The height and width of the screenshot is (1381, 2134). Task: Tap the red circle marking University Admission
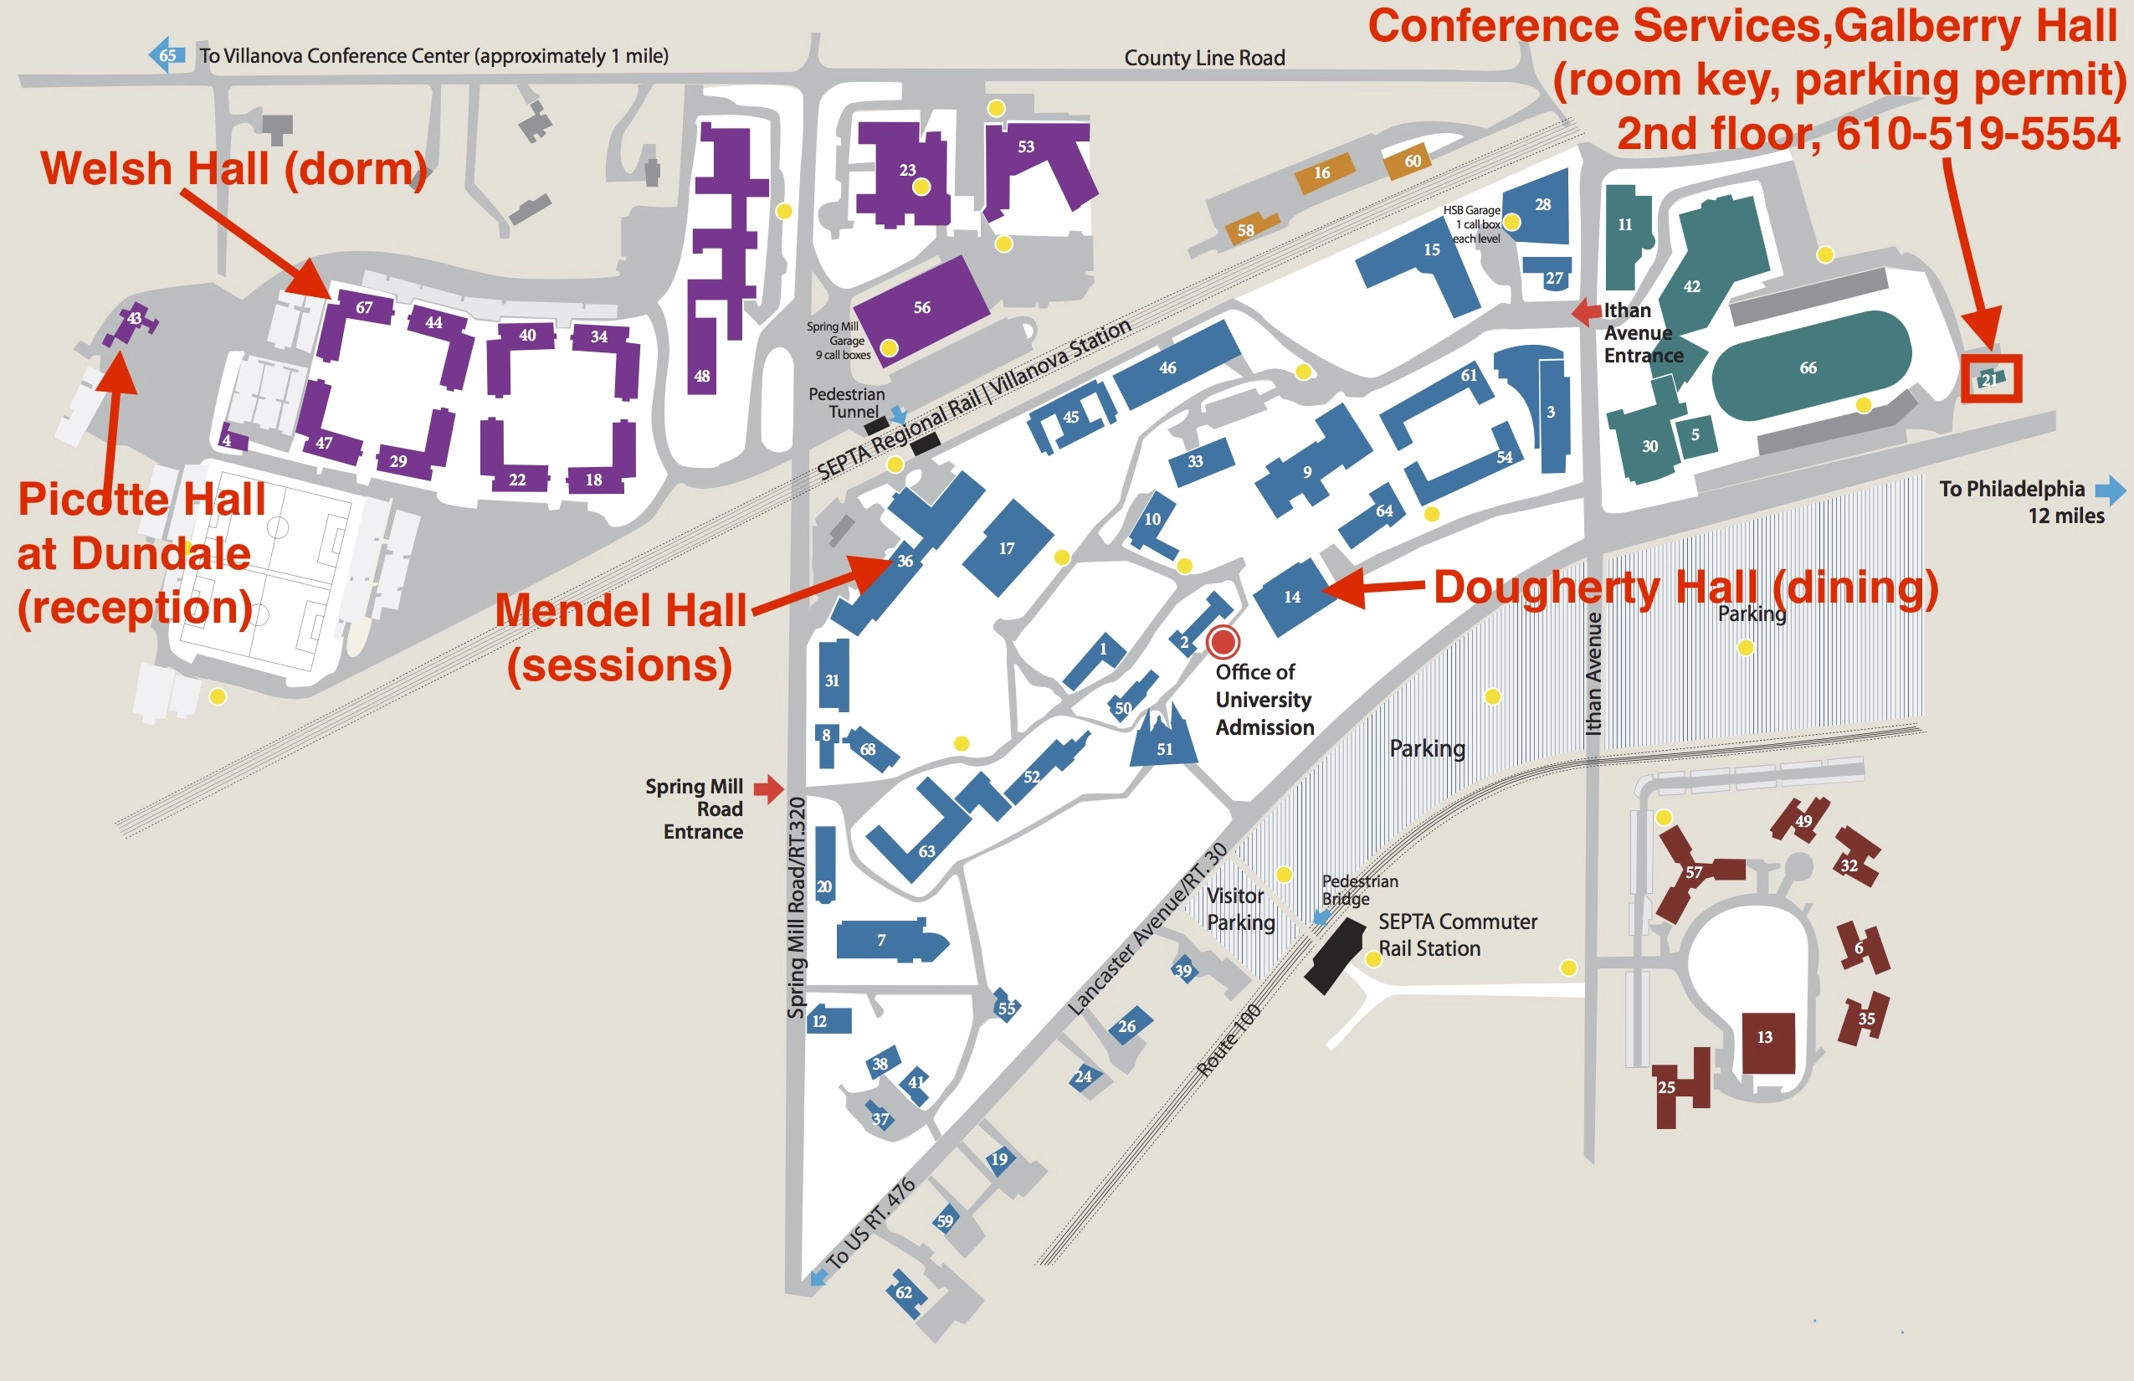tap(1223, 642)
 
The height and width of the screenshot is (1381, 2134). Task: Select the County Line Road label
tap(1204, 59)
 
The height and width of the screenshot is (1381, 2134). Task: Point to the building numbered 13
tap(1767, 1040)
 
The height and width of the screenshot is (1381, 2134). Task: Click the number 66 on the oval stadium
tap(1808, 367)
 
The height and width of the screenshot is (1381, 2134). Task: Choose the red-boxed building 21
tap(1991, 378)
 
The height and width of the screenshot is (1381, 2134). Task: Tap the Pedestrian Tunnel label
tap(845, 403)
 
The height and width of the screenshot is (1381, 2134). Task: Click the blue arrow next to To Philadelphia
tap(2111, 490)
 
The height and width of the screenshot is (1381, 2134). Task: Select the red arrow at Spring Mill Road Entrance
tap(768, 788)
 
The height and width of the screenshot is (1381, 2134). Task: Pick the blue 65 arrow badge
tap(167, 54)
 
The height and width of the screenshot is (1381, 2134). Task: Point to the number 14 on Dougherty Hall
tap(1292, 596)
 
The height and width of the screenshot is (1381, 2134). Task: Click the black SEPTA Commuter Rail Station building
tap(1334, 954)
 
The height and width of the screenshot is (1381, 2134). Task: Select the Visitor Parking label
tap(1240, 908)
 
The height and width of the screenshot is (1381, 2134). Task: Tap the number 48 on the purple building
tap(702, 376)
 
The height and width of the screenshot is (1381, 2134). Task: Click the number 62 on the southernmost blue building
tap(904, 1292)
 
